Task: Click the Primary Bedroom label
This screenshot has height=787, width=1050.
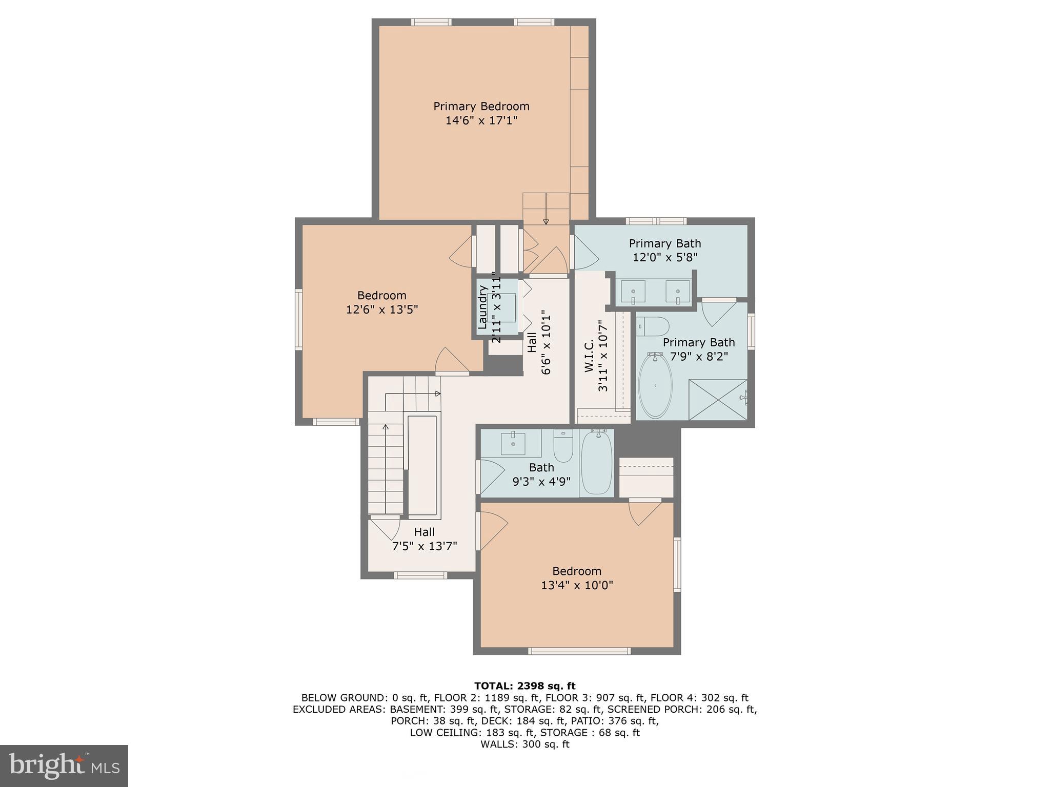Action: pos(481,107)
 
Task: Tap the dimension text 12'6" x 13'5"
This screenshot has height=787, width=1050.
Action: pos(382,310)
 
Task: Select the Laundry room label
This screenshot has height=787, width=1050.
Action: pos(482,307)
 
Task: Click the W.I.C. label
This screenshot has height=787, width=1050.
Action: pos(589,355)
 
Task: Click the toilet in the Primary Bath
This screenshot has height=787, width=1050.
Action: pos(653,326)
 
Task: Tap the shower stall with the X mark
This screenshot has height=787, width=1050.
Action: pos(717,400)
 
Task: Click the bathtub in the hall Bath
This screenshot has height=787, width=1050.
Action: pos(596,463)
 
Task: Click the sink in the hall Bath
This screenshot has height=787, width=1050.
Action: pos(513,443)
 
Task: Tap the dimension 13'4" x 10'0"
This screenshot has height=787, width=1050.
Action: pos(577,585)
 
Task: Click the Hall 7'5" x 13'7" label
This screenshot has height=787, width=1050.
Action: pos(424,539)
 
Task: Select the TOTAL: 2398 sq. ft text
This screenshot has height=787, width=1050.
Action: pos(524,686)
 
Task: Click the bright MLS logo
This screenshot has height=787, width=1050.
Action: pos(64,766)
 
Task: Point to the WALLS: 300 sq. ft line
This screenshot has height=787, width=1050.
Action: pos(524,744)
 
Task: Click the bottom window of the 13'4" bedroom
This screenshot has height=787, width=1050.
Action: pos(579,651)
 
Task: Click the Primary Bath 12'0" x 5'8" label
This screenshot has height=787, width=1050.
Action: pos(664,251)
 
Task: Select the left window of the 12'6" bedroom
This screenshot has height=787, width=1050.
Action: pos(298,319)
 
